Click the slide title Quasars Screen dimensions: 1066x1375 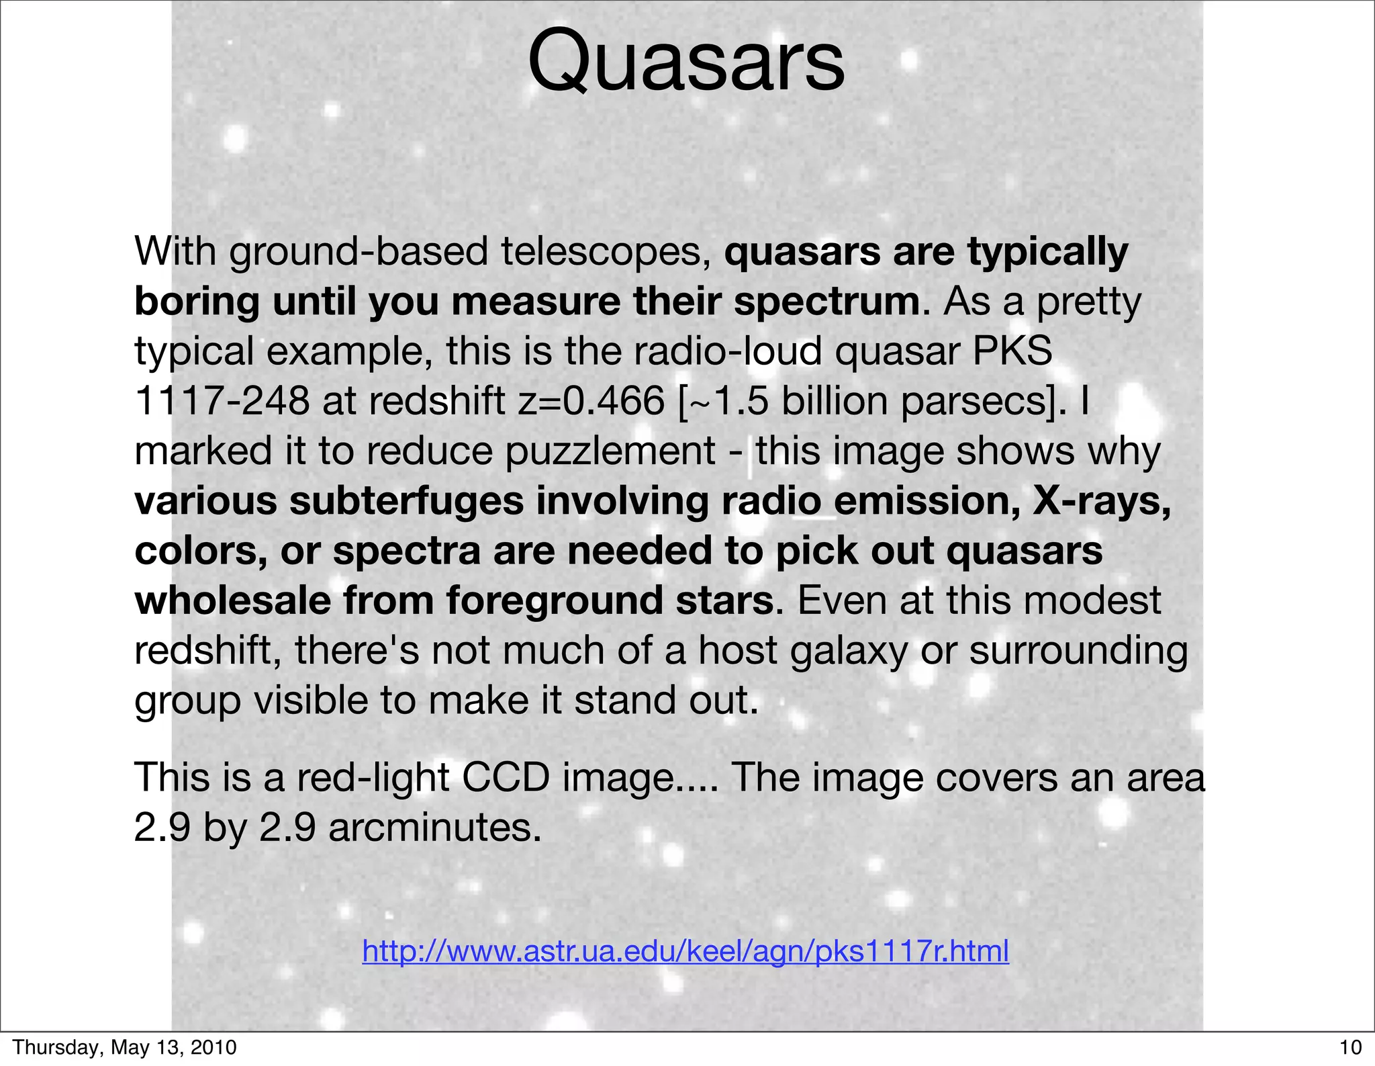pos(686,62)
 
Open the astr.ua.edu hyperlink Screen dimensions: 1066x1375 pos(685,951)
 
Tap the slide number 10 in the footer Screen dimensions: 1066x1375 pos(1350,1047)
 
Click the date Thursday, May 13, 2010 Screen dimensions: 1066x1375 pos(125,1047)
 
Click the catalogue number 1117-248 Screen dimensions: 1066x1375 pos(222,401)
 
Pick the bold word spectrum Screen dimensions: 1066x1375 pos(826,302)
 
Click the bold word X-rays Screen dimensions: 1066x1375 pos(1101,501)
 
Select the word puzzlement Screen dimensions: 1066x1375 pos(610,451)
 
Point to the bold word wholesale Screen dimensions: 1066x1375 pos(232,601)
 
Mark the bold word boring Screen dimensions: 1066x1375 pos(197,302)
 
